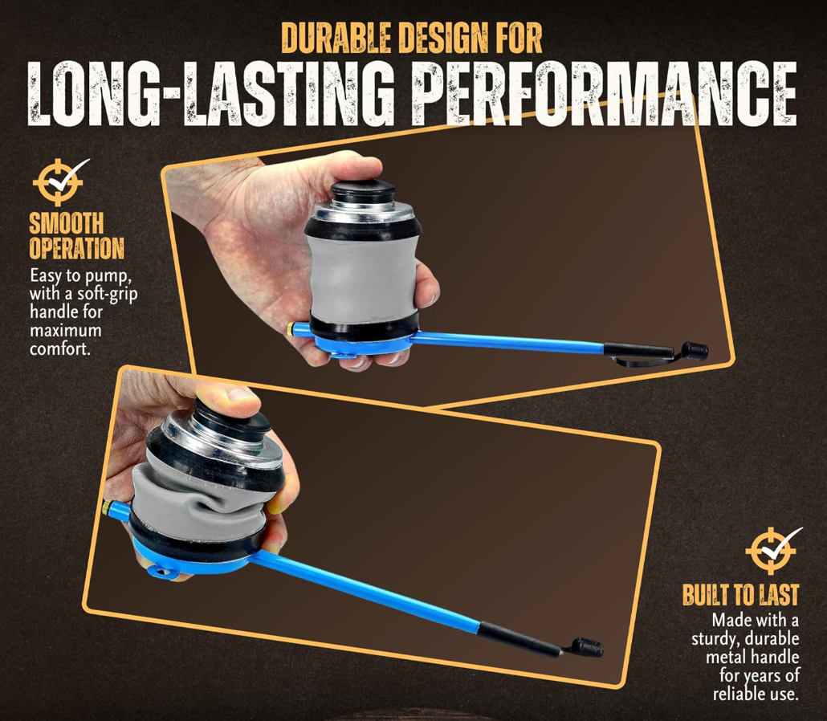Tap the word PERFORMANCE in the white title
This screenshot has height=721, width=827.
pyautogui.click(x=603, y=95)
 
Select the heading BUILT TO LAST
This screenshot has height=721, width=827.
pyautogui.click(x=740, y=594)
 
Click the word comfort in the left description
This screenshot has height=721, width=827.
pyautogui.click(x=59, y=349)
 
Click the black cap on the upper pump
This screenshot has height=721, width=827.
pyautogui.click(x=364, y=189)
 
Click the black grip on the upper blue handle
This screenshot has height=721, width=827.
pyautogui.click(x=638, y=349)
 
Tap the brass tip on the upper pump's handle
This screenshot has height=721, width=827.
pyautogui.click(x=291, y=328)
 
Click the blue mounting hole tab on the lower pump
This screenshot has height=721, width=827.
pyautogui.click(x=159, y=571)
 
